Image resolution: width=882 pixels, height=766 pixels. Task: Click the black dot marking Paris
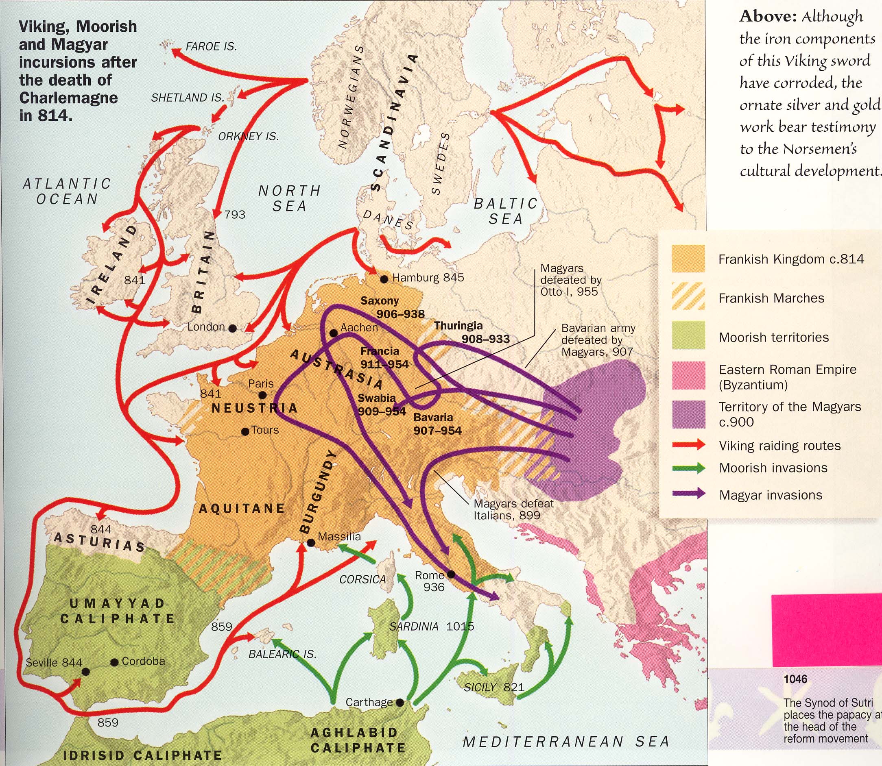(263, 395)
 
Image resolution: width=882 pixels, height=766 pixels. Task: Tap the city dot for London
(232, 328)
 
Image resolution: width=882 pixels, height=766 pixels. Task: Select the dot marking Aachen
(334, 333)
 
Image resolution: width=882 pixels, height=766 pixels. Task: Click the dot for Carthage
(400, 702)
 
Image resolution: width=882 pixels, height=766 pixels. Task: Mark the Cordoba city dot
(114, 662)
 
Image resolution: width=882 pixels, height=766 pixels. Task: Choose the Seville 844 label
(54, 663)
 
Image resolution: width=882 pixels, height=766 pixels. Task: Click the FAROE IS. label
(211, 47)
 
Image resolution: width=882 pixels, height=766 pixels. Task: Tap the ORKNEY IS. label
(248, 137)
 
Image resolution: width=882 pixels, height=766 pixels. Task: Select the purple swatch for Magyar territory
(688, 415)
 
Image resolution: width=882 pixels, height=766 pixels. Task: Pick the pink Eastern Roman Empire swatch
(688, 375)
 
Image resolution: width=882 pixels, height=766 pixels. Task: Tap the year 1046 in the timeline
(796, 679)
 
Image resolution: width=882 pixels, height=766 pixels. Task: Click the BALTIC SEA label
(506, 211)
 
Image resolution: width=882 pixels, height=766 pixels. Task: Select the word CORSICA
(362, 580)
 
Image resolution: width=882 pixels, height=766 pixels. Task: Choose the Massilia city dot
(311, 543)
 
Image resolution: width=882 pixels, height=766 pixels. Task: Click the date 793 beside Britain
(235, 215)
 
